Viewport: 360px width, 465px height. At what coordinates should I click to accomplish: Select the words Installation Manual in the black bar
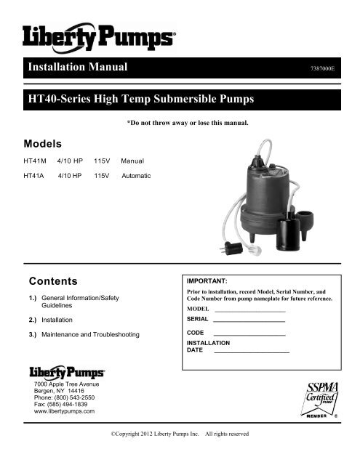coord(77,68)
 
